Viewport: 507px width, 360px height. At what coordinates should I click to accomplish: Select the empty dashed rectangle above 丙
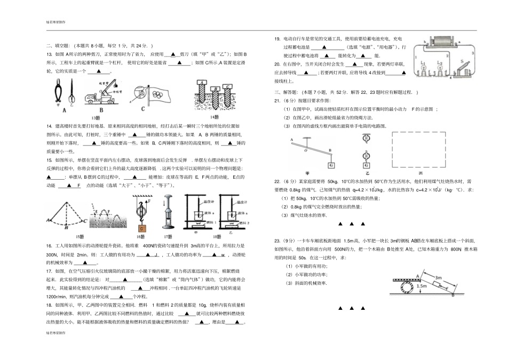point(419,151)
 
